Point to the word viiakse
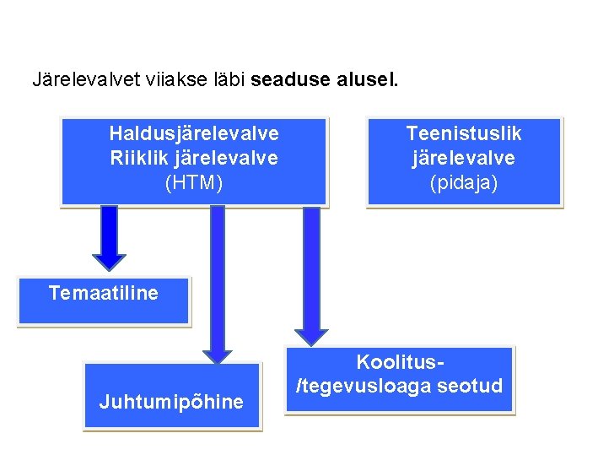click(164, 81)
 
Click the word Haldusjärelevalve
click(194, 133)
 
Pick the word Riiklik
click(139, 158)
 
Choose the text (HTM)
click(194, 182)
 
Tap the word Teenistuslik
click(464, 133)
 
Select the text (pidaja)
click(464, 182)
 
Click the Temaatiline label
click(103, 293)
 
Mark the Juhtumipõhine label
click(171, 402)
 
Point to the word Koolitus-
click(400, 362)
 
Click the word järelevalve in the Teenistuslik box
click(464, 158)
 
